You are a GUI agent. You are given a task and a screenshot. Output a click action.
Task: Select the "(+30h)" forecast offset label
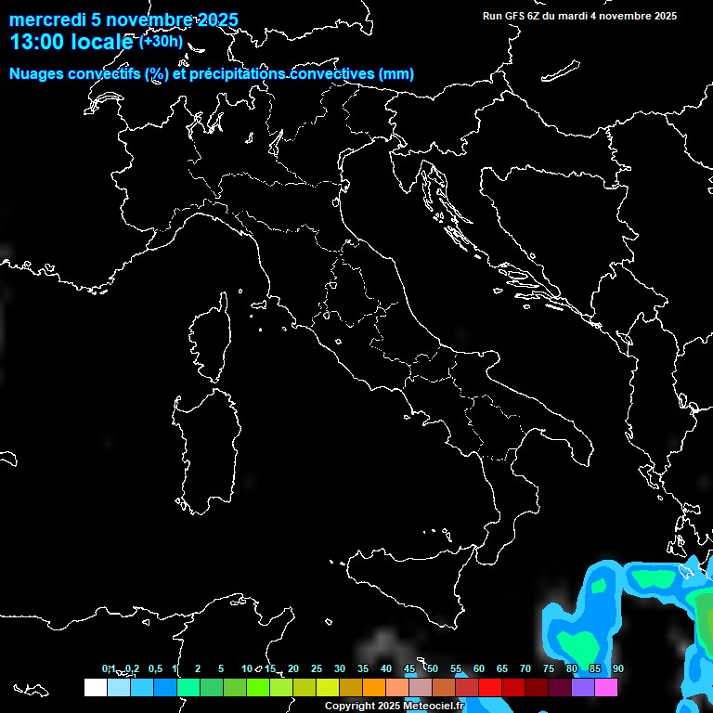click(162, 42)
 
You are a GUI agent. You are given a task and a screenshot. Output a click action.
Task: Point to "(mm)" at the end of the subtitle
click(396, 74)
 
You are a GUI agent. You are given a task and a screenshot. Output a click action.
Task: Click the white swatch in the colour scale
click(95, 687)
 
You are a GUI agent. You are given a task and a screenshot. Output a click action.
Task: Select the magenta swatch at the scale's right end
click(606, 687)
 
